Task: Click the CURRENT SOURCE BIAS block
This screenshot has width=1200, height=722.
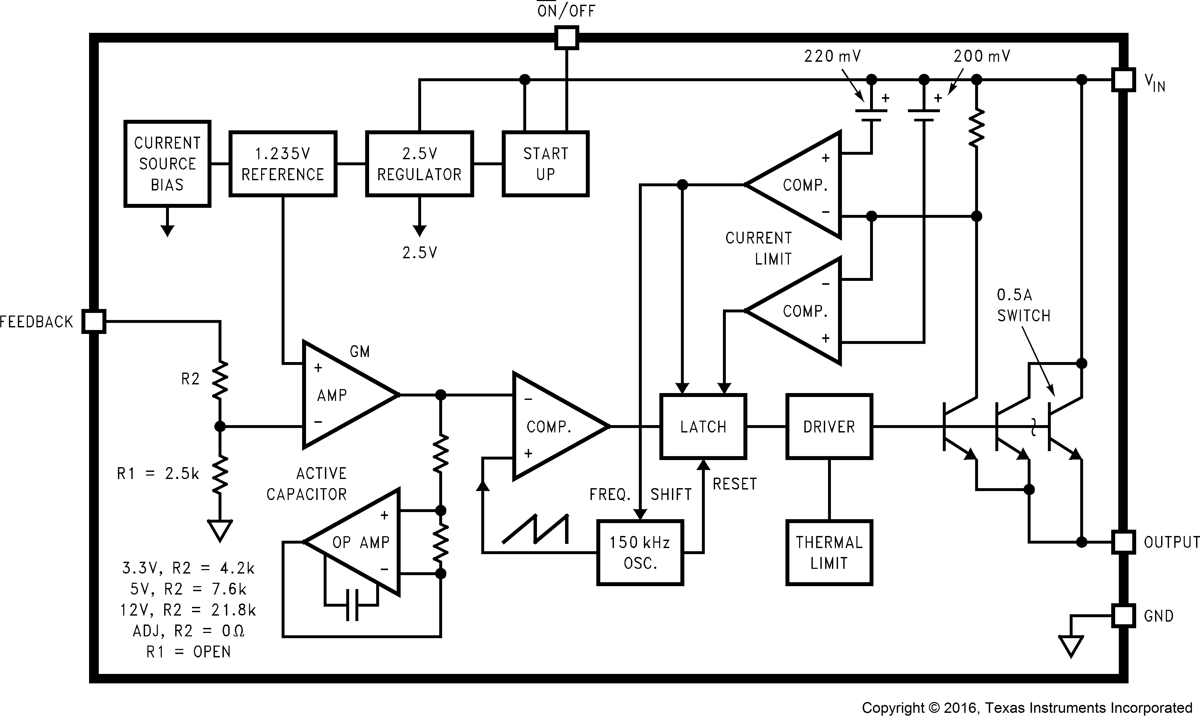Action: pyautogui.click(x=167, y=164)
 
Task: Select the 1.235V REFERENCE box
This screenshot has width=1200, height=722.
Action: pyautogui.click(x=283, y=164)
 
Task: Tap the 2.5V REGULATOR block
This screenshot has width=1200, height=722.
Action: pyautogui.click(x=419, y=164)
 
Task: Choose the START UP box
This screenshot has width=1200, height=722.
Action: pyautogui.click(x=545, y=164)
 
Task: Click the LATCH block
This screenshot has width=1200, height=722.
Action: pyautogui.click(x=703, y=427)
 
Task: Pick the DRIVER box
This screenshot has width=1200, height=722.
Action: pyautogui.click(x=829, y=427)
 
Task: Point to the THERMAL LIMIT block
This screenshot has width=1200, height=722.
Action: pyautogui.click(x=829, y=553)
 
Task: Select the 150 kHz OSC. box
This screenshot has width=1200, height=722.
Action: pyautogui.click(x=640, y=553)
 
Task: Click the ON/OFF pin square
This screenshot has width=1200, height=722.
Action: pyautogui.click(x=566, y=38)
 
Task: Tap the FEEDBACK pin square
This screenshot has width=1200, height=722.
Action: pyautogui.click(x=94, y=321)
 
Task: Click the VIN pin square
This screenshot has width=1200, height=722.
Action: pyautogui.click(x=1123, y=79)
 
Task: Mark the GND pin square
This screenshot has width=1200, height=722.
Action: pyautogui.click(x=1123, y=615)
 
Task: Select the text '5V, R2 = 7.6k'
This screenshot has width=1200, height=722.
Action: pyautogui.click(x=188, y=589)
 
